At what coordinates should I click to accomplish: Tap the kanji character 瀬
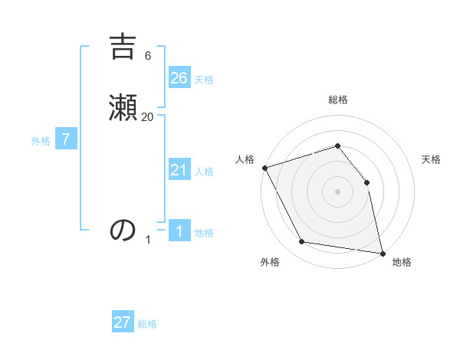[123, 106]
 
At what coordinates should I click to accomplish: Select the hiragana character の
[123, 229]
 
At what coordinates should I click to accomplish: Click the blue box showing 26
[179, 77]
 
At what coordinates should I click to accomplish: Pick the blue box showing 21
[179, 170]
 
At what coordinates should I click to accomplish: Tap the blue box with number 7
[66, 139]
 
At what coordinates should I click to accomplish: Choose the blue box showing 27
[123, 322]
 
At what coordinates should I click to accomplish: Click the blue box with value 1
[179, 231]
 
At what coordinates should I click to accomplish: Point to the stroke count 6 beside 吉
[148, 55]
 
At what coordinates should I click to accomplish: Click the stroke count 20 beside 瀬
[148, 116]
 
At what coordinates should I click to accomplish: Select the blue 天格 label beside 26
[204, 80]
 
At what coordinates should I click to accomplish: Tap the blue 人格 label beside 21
[204, 172]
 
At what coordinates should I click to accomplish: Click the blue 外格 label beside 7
[41, 141]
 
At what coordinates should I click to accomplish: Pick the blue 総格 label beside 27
[147, 324]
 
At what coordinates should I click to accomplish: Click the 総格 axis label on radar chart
[337, 100]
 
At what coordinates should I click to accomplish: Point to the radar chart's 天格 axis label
[432, 159]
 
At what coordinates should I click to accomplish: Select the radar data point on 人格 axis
[264, 168]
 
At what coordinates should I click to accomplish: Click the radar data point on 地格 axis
[382, 252]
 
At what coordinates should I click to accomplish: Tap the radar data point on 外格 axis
[302, 242]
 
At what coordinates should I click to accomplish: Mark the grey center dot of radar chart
[337, 191]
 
